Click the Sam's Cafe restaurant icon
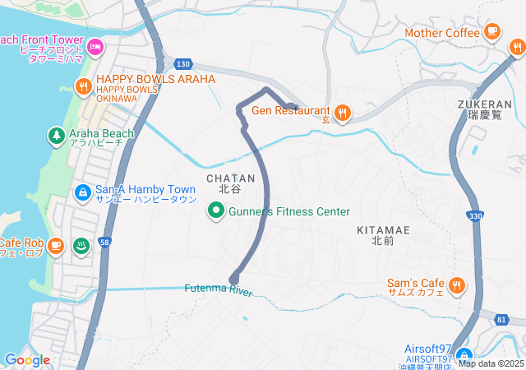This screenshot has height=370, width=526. click(x=457, y=286)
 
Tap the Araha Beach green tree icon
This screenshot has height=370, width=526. click(x=56, y=134)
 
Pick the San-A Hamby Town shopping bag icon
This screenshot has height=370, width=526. click(x=82, y=192)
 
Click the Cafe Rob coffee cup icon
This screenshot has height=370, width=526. click(x=55, y=244)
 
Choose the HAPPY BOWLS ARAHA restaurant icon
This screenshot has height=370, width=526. click(x=83, y=86)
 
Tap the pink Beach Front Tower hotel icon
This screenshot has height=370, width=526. click(x=95, y=49)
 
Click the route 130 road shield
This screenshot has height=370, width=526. click(x=182, y=64)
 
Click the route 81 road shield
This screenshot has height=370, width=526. click(x=501, y=319)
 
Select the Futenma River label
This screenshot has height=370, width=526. click(x=218, y=290)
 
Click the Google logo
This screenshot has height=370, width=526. click(x=27, y=360)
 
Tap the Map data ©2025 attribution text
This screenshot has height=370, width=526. click(x=491, y=363)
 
